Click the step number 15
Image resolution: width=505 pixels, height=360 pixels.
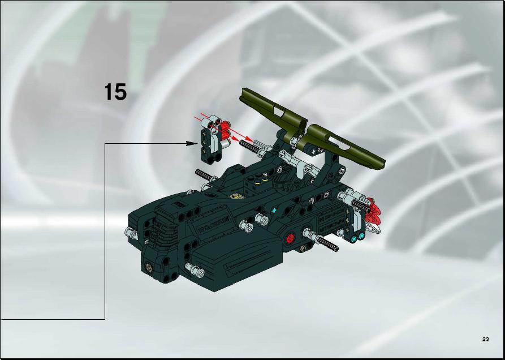click(x=115, y=92)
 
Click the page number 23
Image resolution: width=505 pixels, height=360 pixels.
click(x=486, y=339)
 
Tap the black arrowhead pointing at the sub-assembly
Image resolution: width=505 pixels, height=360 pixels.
click(x=192, y=143)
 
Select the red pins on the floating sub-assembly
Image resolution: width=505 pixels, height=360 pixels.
click(x=224, y=129)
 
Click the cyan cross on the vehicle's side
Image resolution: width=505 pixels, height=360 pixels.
click(x=274, y=211)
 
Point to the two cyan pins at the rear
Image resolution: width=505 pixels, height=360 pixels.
click(x=358, y=238)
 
